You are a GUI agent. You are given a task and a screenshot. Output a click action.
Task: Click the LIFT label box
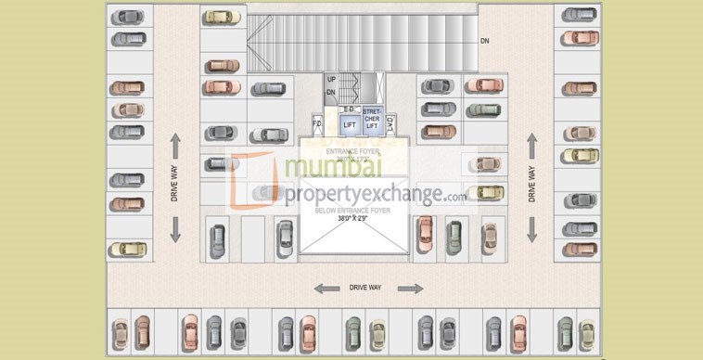350,123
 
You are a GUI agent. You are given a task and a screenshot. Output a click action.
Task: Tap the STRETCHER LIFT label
372,120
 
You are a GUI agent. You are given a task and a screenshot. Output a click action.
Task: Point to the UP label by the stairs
331,80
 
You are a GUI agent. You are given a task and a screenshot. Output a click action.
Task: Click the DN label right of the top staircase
484,42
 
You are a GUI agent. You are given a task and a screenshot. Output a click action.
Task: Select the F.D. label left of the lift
316,123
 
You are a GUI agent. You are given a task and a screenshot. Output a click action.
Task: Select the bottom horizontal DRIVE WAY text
365,289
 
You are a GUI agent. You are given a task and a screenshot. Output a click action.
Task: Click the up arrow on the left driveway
174,144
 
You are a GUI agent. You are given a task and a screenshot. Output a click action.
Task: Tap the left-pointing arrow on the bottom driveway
326,289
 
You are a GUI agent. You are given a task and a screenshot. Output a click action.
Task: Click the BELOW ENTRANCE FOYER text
351,211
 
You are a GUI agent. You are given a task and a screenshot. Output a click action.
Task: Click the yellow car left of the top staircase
222,17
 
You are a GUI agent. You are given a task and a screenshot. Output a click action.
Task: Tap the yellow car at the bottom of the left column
127,249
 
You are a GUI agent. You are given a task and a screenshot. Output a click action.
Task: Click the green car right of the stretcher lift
483,109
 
